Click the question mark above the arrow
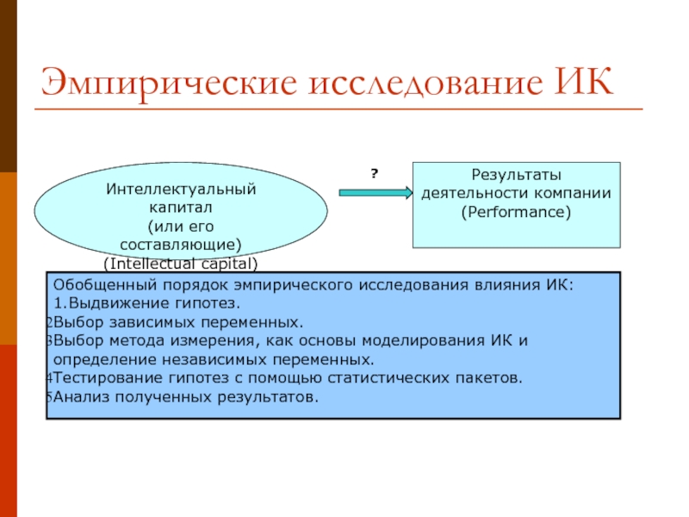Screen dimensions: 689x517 coord(375,174)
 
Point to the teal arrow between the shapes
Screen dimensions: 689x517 coord(376,193)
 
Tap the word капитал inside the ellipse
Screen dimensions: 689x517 coord(181,208)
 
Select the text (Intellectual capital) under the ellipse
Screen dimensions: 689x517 coord(181,262)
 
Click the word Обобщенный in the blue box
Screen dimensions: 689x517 coord(96,284)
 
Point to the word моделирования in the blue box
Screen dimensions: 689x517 coord(427,340)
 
